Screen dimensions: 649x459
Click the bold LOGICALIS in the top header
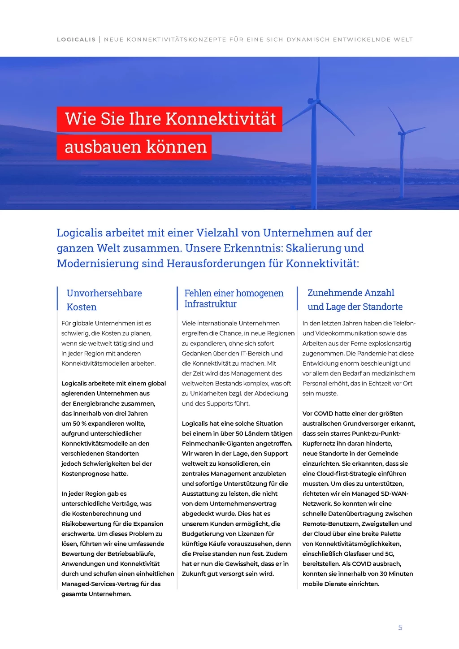coord(76,39)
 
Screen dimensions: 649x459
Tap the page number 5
coord(400,627)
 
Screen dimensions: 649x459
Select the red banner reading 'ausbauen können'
coord(134,147)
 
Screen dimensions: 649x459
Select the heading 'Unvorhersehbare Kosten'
coord(104,300)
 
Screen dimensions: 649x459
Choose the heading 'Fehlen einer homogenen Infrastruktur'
coord(234,299)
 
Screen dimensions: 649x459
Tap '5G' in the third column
coord(389,554)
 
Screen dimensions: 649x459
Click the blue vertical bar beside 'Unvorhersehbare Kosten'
coord(58,299)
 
